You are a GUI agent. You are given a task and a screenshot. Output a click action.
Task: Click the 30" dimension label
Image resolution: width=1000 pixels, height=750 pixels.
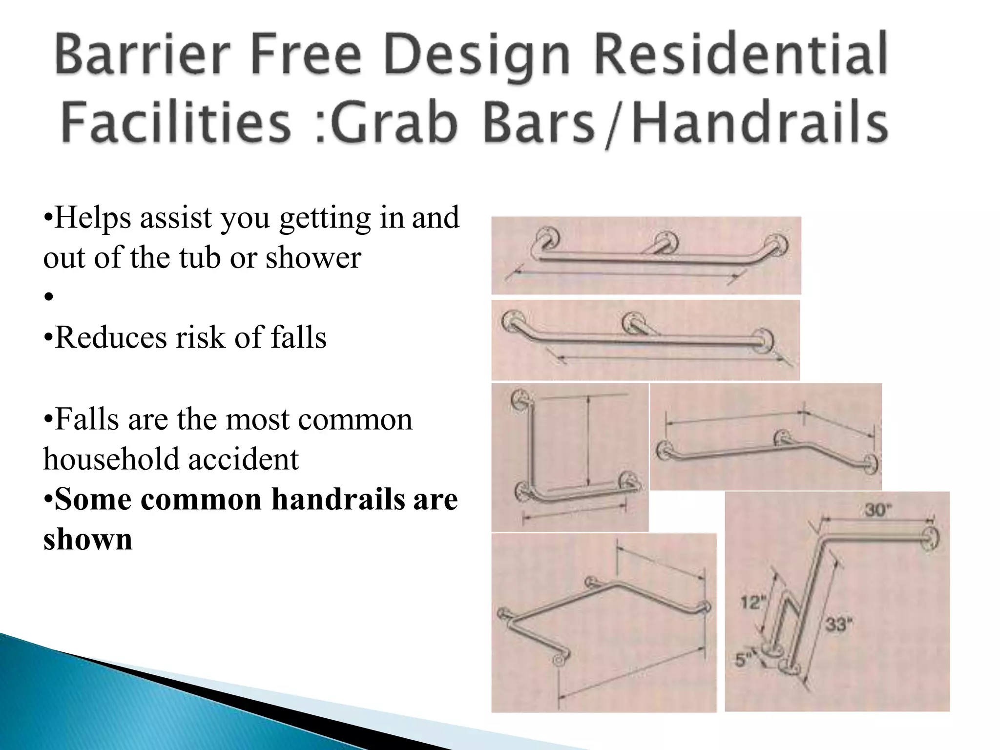(x=878, y=511)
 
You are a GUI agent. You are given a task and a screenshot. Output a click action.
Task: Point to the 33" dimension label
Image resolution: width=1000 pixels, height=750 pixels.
(x=839, y=624)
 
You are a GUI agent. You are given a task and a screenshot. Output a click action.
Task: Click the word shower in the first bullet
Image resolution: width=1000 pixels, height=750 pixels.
(x=313, y=257)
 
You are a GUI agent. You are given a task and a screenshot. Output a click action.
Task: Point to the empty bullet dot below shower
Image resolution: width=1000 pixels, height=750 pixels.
(x=48, y=297)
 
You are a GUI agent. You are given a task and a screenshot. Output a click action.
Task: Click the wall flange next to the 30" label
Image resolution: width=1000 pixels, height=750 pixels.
(x=931, y=538)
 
